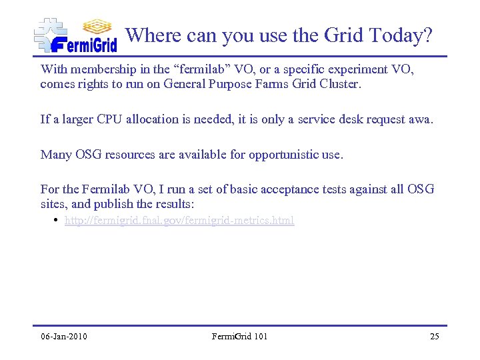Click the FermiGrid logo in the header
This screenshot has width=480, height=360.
75,35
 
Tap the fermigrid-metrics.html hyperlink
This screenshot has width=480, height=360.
179,220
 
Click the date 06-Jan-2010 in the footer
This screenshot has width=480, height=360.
64,336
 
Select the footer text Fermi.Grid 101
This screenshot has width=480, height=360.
239,336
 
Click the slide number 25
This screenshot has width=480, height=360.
434,336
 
